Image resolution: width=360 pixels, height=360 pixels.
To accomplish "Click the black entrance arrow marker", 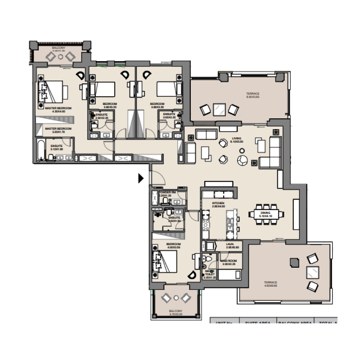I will (141, 179).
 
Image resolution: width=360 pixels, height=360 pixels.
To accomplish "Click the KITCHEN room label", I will (218, 203).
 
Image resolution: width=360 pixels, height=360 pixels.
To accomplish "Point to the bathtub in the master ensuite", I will (41, 150).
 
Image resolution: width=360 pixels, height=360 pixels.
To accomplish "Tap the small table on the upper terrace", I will (220, 108).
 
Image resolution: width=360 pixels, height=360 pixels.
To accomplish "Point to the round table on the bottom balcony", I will (176, 297).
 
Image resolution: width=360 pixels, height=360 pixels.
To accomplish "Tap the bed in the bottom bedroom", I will (165, 261).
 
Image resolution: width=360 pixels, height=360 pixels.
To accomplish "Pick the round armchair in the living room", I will (243, 160).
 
